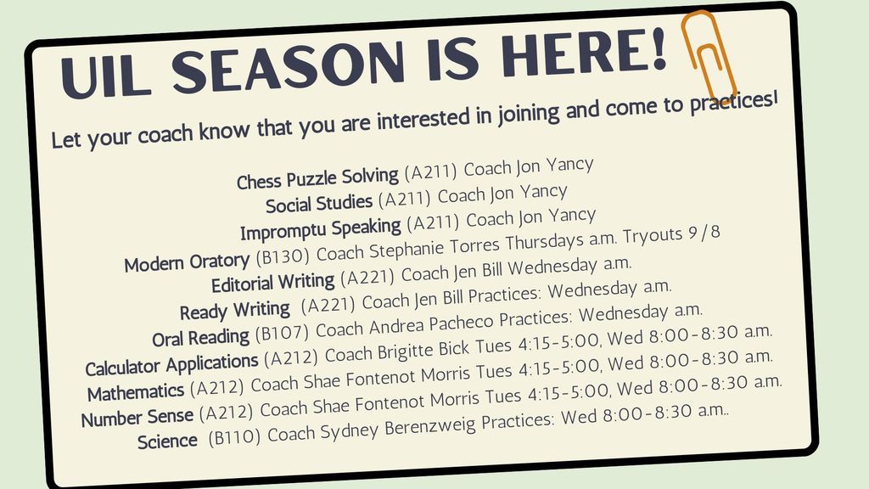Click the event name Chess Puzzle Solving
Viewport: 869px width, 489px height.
coord(317,178)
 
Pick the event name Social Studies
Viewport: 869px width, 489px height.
coord(319,204)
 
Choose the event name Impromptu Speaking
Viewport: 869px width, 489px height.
coord(320,229)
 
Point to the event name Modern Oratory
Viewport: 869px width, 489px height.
coord(188,261)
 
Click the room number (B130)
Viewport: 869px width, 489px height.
coord(283,256)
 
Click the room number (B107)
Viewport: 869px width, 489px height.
coord(282,333)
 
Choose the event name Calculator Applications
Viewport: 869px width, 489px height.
coord(171,365)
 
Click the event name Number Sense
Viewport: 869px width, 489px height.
coord(137,417)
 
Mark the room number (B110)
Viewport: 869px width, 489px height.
coord(234,437)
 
